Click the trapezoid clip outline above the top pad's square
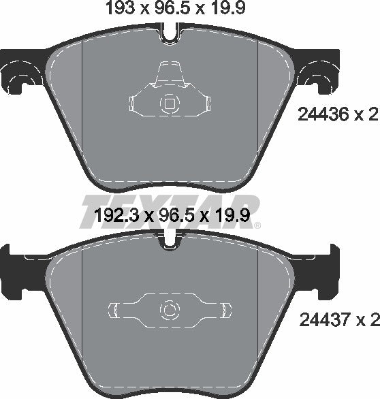(x=168, y=74)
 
